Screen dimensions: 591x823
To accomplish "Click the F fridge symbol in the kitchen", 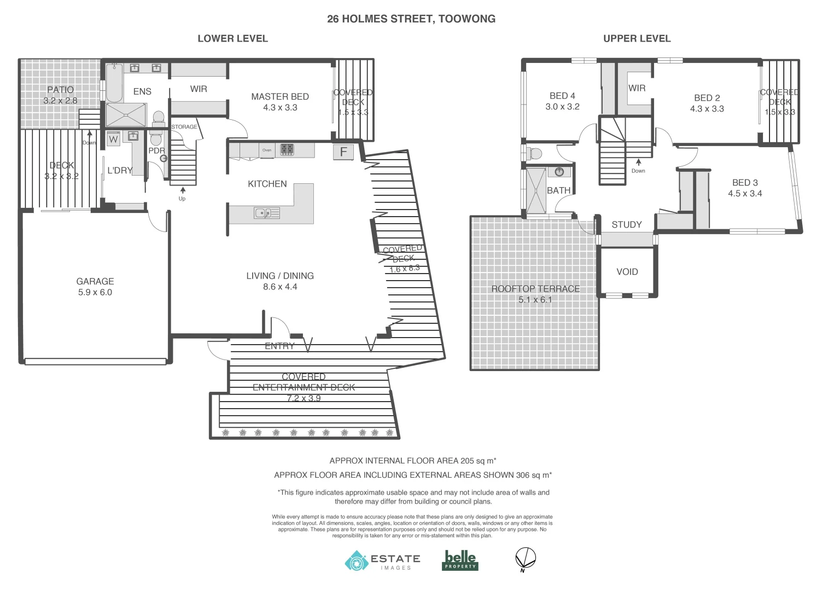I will point(343,152).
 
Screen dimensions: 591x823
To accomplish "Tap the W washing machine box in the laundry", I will point(113,139).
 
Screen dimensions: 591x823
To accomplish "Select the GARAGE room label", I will point(95,281).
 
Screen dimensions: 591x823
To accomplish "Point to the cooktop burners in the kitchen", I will point(287,149).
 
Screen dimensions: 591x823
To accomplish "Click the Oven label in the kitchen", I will point(267,150).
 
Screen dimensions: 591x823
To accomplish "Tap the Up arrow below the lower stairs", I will point(182,192).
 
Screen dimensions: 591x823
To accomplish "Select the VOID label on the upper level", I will point(627,271).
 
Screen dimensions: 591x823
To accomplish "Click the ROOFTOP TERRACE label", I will point(535,289).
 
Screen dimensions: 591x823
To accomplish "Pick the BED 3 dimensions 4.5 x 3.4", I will point(745,193).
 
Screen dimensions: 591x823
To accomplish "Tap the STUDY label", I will point(627,224).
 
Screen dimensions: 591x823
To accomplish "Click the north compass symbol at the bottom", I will point(526,559).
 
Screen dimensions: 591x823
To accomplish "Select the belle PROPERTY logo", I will point(460,560).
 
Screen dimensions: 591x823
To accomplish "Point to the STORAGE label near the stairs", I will point(184,127).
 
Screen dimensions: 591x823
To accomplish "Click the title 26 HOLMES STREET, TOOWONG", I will point(411,19).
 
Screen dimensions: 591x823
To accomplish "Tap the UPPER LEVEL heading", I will point(637,38).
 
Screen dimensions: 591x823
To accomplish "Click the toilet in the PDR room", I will point(155,135).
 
